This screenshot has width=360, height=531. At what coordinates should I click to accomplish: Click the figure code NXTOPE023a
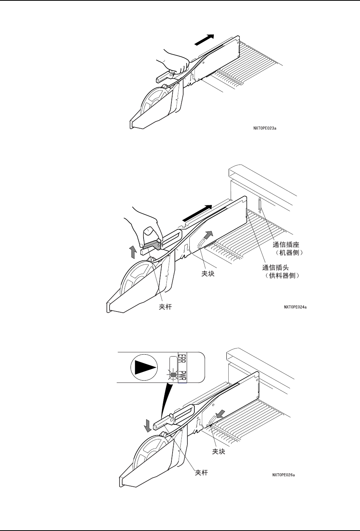tap(265, 128)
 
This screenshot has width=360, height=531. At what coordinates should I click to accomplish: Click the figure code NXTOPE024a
tap(295, 307)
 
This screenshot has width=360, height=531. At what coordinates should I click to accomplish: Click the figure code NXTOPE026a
tap(284, 475)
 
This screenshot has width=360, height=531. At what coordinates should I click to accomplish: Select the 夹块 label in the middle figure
tap(208, 274)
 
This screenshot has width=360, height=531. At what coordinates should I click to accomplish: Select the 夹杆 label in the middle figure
tap(165, 307)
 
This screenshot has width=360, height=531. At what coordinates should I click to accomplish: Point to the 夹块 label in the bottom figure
tap(218, 452)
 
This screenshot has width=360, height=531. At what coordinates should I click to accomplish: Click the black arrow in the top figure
tap(204, 39)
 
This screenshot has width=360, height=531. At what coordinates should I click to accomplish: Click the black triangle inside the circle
tap(144, 367)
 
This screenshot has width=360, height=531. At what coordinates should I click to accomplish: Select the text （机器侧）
tap(288, 253)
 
